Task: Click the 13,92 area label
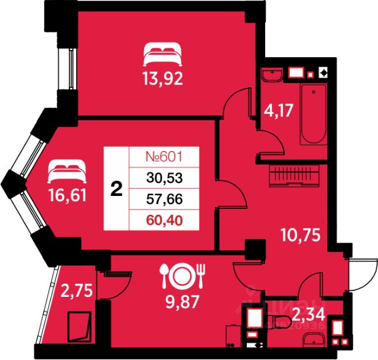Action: [162, 78]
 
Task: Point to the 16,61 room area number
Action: [66, 195]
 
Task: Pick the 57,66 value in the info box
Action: [162, 200]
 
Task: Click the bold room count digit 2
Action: [117, 189]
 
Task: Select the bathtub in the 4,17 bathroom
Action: [313, 114]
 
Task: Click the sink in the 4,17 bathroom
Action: [272, 76]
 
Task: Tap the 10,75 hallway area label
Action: [299, 235]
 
